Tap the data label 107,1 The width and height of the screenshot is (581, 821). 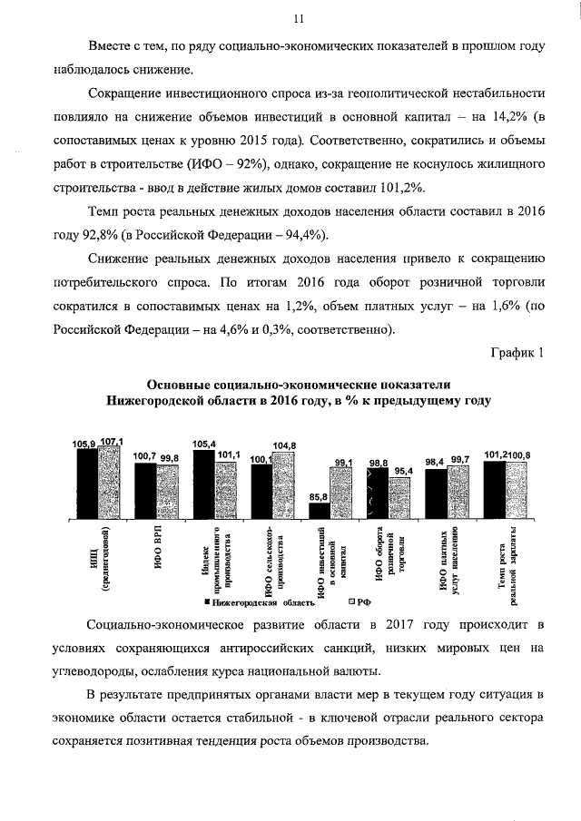111,441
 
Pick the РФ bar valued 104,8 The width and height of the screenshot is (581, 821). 284,485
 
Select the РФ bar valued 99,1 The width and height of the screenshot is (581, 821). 342,494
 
